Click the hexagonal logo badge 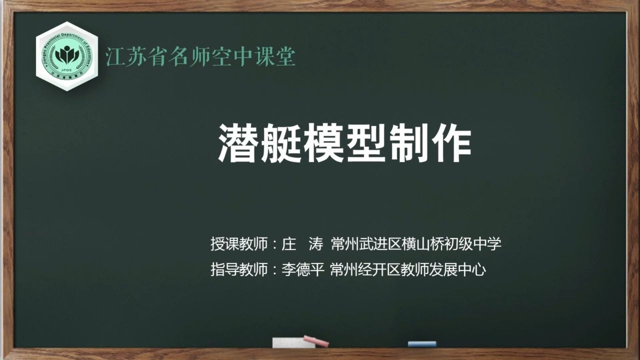tap(67, 56)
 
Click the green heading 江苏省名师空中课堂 tap(200, 56)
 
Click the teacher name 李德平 tap(304, 270)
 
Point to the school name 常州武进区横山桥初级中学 tap(416, 244)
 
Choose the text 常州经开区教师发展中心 tap(408, 270)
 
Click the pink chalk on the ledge tap(316, 341)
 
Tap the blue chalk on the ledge tap(421, 344)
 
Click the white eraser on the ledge tap(286, 343)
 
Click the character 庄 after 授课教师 tap(289, 244)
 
